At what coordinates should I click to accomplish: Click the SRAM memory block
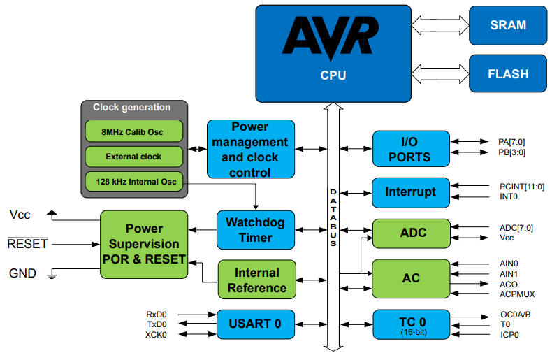pyautogui.click(x=508, y=25)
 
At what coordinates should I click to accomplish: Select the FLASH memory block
pyautogui.click(x=508, y=74)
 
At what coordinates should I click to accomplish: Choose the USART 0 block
pyautogui.click(x=254, y=323)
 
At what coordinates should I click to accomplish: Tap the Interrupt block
pyautogui.click(x=411, y=192)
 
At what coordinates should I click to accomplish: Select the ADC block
pyautogui.click(x=411, y=233)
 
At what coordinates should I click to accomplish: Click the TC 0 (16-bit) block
pyautogui.click(x=411, y=325)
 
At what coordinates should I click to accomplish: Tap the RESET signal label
pyautogui.click(x=27, y=244)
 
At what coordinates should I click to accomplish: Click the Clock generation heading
pyautogui.click(x=132, y=108)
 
